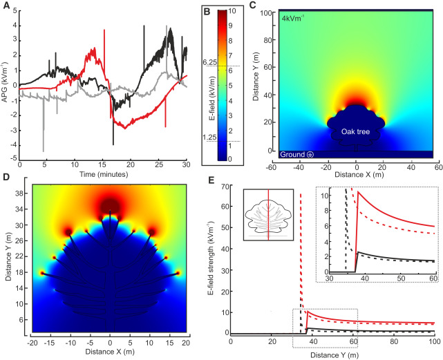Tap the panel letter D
6,178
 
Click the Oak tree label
357,129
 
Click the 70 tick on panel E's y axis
225,187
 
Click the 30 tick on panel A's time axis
186,166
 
